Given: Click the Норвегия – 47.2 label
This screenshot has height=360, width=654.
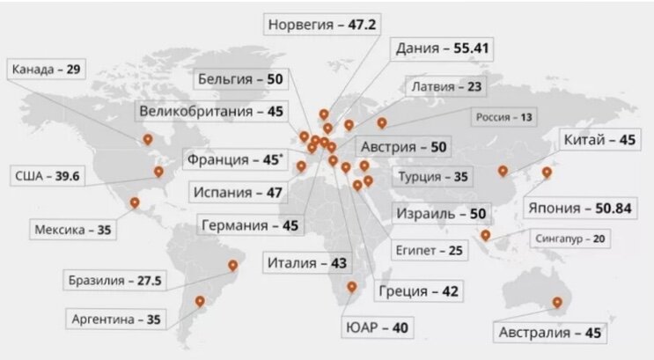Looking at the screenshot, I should click(x=322, y=24).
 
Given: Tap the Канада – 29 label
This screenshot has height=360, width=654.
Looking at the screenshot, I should click(x=45, y=69).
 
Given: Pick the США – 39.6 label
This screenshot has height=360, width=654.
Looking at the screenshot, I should click(x=48, y=176).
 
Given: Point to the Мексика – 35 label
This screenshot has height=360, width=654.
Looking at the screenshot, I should click(x=74, y=230).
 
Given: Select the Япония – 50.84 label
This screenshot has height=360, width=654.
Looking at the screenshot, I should click(x=580, y=208).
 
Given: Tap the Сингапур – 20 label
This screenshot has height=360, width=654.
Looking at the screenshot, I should click(x=569, y=238).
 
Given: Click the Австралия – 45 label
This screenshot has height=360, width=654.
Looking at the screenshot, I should click(x=549, y=334).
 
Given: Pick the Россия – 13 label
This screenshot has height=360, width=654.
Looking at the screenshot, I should click(x=503, y=116).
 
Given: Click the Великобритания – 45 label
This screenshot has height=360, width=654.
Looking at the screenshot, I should click(x=210, y=112).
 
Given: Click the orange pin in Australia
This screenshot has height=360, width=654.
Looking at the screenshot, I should click(x=556, y=305).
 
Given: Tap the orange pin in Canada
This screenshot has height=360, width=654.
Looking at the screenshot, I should click(x=148, y=139).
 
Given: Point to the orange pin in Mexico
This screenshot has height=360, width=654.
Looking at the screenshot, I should click(x=135, y=203).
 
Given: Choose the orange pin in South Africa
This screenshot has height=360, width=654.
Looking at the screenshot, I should click(x=352, y=287).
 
